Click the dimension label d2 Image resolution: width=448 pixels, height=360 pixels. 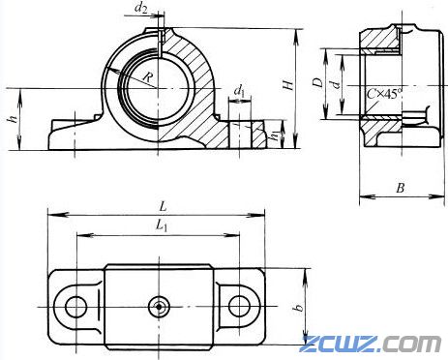[141, 9]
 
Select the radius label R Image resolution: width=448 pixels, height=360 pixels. [148, 77]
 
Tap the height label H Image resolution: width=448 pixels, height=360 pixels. [288, 84]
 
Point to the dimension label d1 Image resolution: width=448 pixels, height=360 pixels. [239, 91]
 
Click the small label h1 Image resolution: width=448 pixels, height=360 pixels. [275, 135]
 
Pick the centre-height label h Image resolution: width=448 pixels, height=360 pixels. [13, 119]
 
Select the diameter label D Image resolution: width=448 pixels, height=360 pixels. [318, 82]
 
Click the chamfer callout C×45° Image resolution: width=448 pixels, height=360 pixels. [385, 94]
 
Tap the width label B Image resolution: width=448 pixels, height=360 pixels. [401, 188]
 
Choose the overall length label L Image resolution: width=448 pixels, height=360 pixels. [163, 207]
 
